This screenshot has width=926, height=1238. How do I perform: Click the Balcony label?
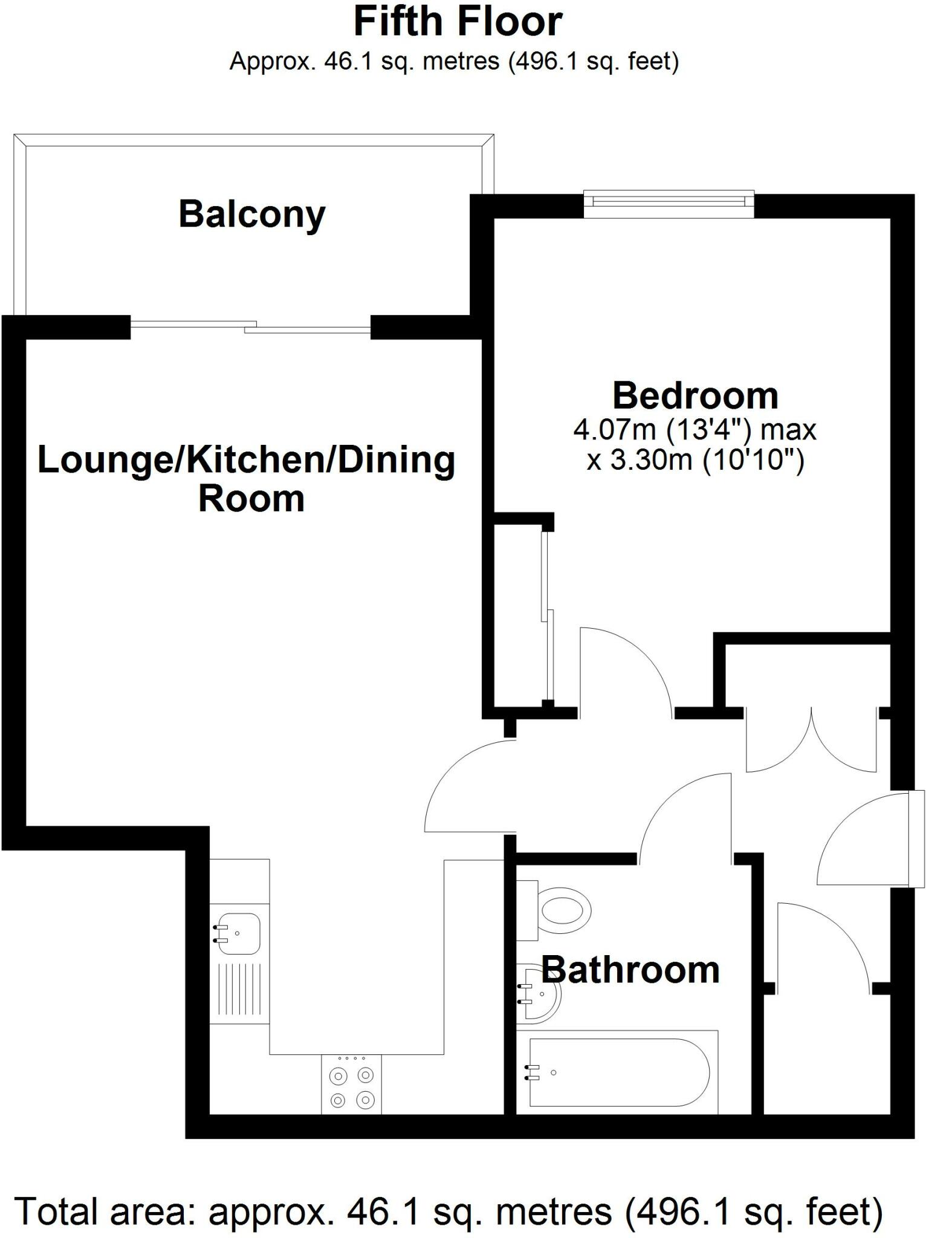pos(251,215)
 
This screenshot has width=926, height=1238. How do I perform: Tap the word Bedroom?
pos(695,396)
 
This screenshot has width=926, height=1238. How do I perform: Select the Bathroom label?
pos(630,970)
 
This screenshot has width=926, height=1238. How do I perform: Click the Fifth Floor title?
pos(458,22)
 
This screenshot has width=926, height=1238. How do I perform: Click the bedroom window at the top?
pos(669,203)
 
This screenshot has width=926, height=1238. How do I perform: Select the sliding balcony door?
pos(251,326)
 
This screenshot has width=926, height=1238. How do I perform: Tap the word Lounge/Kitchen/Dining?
pos(246,461)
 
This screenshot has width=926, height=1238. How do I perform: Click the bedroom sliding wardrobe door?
pos(547,617)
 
